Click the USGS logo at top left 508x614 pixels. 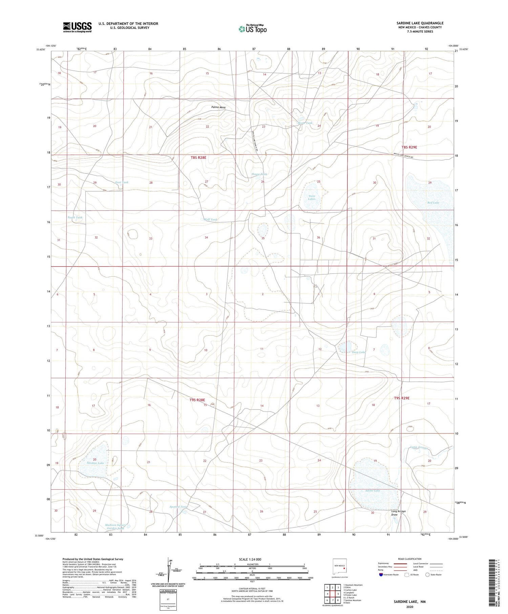pos(77,27)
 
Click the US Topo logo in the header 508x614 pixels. pos(253,29)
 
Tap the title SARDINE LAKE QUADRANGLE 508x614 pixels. pos(420,23)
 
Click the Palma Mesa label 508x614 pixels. pos(218,107)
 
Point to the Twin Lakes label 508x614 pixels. pos(312,197)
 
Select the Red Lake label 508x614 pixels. pos(433,203)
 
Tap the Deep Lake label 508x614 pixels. pos(358,352)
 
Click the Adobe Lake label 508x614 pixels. pos(373,490)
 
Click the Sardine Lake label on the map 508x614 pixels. pos(95,463)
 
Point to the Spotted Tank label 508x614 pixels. pos(178,507)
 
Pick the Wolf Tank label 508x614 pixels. pos(210,219)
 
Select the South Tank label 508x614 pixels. pos(75,217)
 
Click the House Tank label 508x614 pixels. pos(259,174)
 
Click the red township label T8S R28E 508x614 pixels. pos(198,157)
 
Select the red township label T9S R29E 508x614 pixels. pos(401,398)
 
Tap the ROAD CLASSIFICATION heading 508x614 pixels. pos(409,559)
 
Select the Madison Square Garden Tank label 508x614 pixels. pos(115,527)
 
